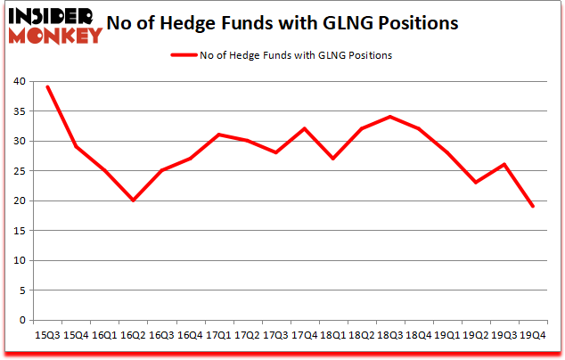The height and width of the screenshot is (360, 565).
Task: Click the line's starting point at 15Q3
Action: (47, 86)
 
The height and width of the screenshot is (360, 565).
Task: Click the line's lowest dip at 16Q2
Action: (133, 200)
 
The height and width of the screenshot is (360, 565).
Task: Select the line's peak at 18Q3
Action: (390, 117)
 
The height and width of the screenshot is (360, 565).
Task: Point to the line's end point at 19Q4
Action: (533, 206)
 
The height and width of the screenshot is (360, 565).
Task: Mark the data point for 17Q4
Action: (305, 128)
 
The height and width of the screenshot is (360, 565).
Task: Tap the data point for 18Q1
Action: (333, 159)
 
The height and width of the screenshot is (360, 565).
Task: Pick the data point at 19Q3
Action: (504, 164)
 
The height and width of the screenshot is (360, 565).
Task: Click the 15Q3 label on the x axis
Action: (47, 335)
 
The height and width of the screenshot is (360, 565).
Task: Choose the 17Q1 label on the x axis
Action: (218, 335)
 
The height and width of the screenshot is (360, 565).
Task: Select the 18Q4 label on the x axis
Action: (419, 335)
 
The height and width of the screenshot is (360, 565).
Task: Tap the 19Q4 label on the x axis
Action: (533, 335)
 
